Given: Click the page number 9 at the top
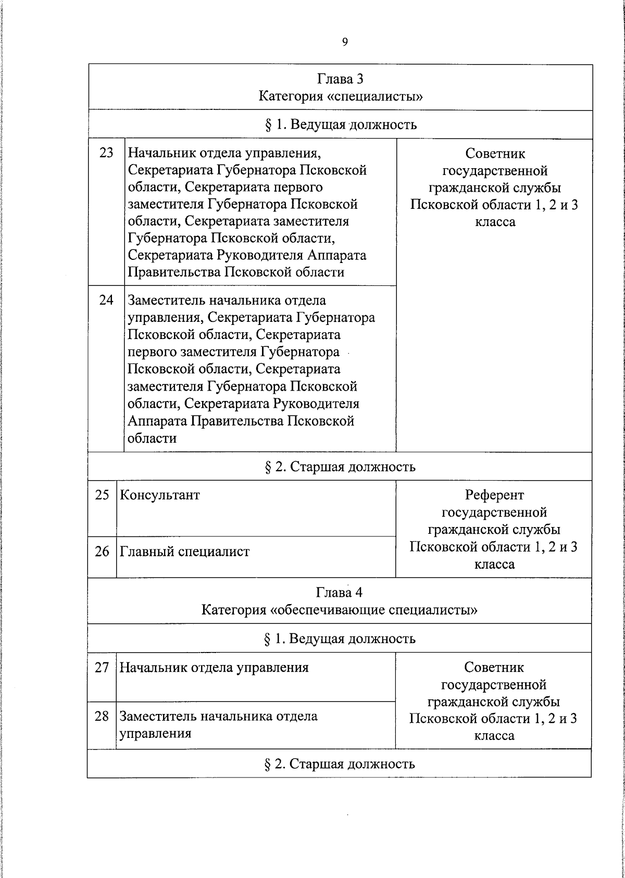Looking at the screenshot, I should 345,42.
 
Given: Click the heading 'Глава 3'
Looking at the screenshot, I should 340,79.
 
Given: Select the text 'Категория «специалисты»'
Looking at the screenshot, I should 340,96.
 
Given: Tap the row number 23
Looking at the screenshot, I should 106,153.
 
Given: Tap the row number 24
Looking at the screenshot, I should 106,300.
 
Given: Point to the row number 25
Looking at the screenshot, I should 102,495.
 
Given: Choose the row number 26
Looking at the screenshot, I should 102,551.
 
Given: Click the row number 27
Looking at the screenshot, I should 102,668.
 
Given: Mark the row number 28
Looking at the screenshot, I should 102,717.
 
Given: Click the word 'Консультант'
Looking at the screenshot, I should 160,495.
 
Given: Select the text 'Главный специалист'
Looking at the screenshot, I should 185,551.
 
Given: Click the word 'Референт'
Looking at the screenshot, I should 494,495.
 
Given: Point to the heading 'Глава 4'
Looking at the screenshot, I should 339,593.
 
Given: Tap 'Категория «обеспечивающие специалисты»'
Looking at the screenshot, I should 339,610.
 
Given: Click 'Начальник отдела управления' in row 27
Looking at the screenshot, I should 214,668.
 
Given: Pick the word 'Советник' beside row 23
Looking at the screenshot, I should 495,154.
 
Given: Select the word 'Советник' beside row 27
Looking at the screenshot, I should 494,668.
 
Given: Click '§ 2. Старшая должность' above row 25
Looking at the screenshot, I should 340,467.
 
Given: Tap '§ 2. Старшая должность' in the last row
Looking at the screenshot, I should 340,764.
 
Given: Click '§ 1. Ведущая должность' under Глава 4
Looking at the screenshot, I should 340,638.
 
